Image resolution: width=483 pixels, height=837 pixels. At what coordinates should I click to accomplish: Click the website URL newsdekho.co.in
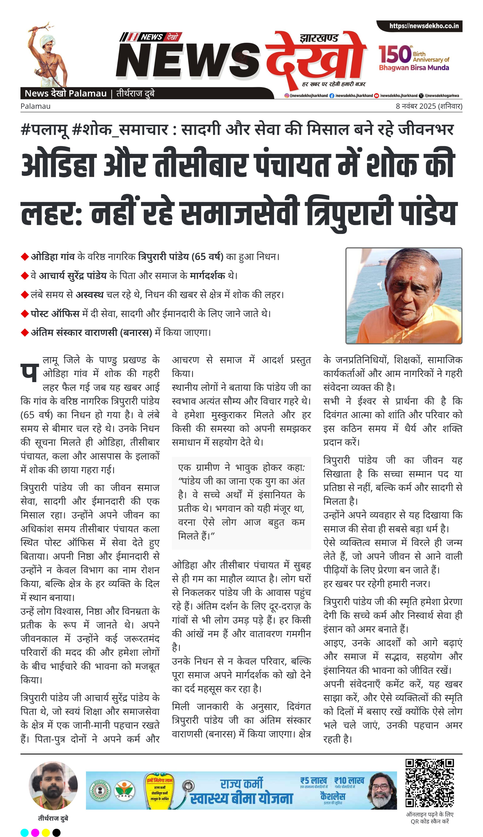(424, 26)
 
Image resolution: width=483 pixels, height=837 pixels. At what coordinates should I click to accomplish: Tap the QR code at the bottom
(430, 783)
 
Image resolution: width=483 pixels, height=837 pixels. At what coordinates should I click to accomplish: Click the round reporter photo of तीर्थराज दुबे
(53, 785)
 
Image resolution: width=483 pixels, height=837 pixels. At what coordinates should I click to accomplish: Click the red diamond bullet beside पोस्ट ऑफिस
(25, 313)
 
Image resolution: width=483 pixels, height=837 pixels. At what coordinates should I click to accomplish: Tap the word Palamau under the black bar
(35, 106)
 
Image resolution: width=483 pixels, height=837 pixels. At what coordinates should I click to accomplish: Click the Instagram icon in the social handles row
(287, 95)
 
